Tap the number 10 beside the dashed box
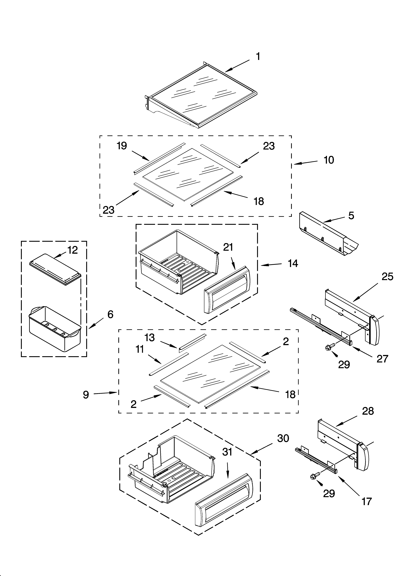[329, 160]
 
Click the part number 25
[387, 277]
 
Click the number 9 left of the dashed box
[86, 395]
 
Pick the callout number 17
[366, 501]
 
